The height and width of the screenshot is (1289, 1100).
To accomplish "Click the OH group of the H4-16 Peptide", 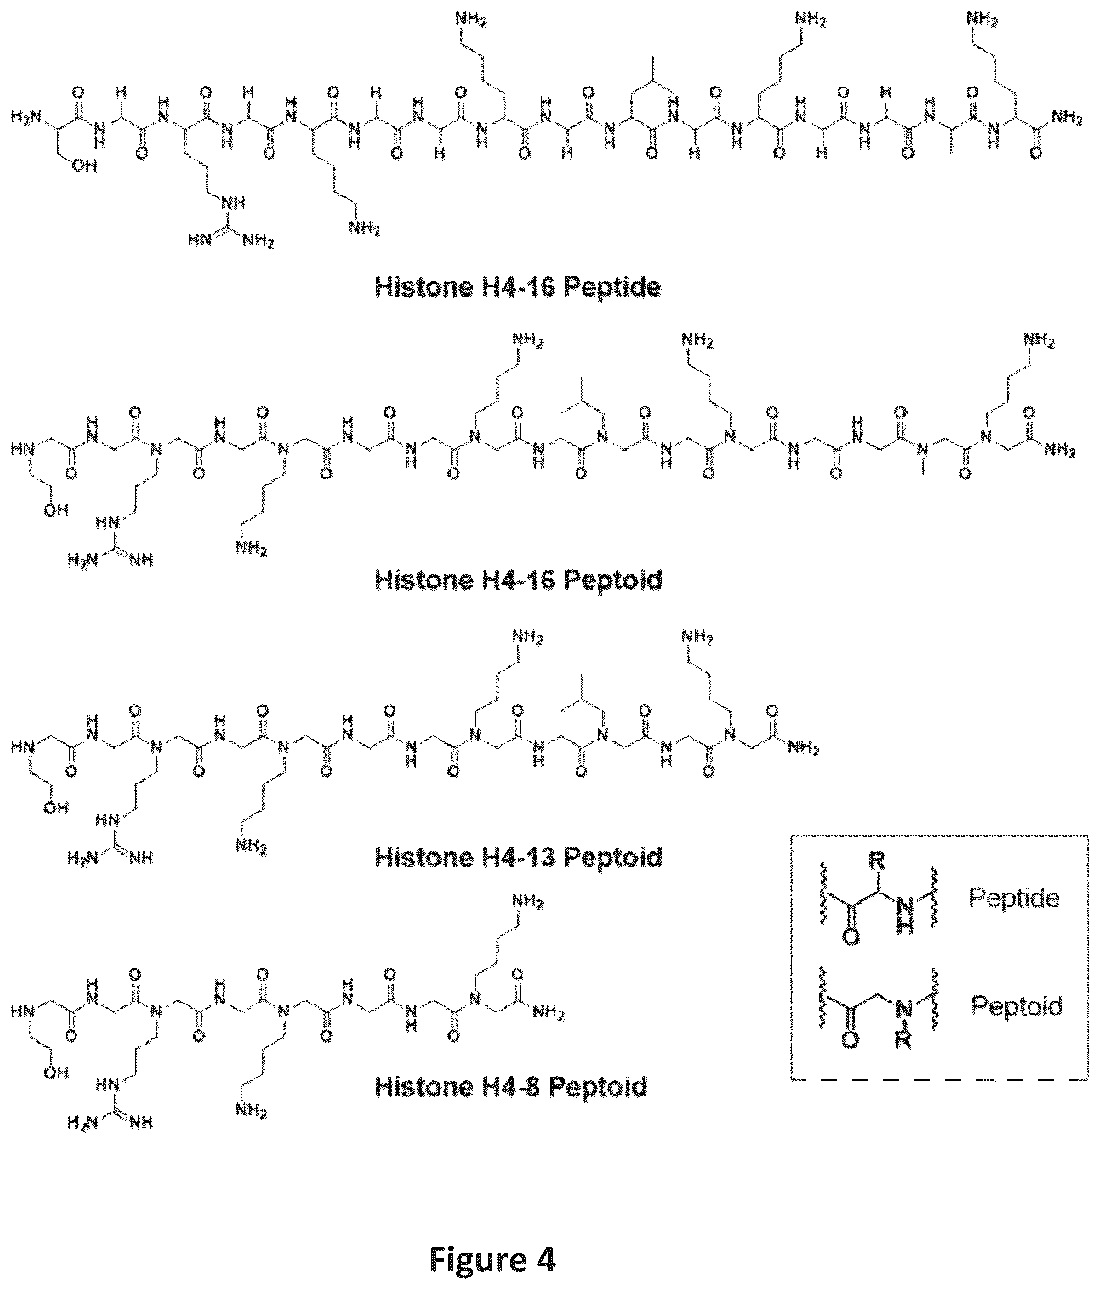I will point(84,168).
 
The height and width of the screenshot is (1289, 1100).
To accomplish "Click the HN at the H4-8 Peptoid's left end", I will point(21,1011).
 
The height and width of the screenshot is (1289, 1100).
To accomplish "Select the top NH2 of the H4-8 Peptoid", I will point(527,903).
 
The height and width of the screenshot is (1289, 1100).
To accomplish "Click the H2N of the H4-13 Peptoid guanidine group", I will point(83,859).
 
